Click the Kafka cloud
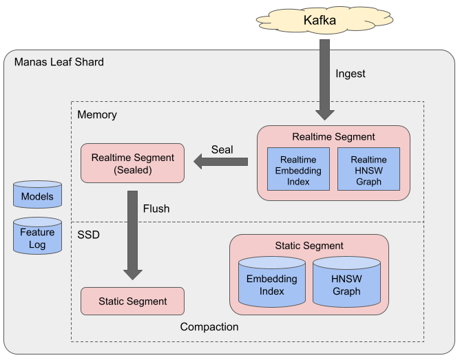[320, 20]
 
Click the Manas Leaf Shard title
[59, 62]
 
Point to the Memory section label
[97, 114]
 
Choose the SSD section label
[88, 235]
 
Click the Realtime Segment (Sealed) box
[132, 163]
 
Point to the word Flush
[156, 208]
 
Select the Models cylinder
[37, 195]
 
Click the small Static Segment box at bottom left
[132, 301]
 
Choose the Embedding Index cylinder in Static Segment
[272, 284]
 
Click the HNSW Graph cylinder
[346, 284]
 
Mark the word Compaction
[209, 327]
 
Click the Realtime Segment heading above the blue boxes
[333, 137]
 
